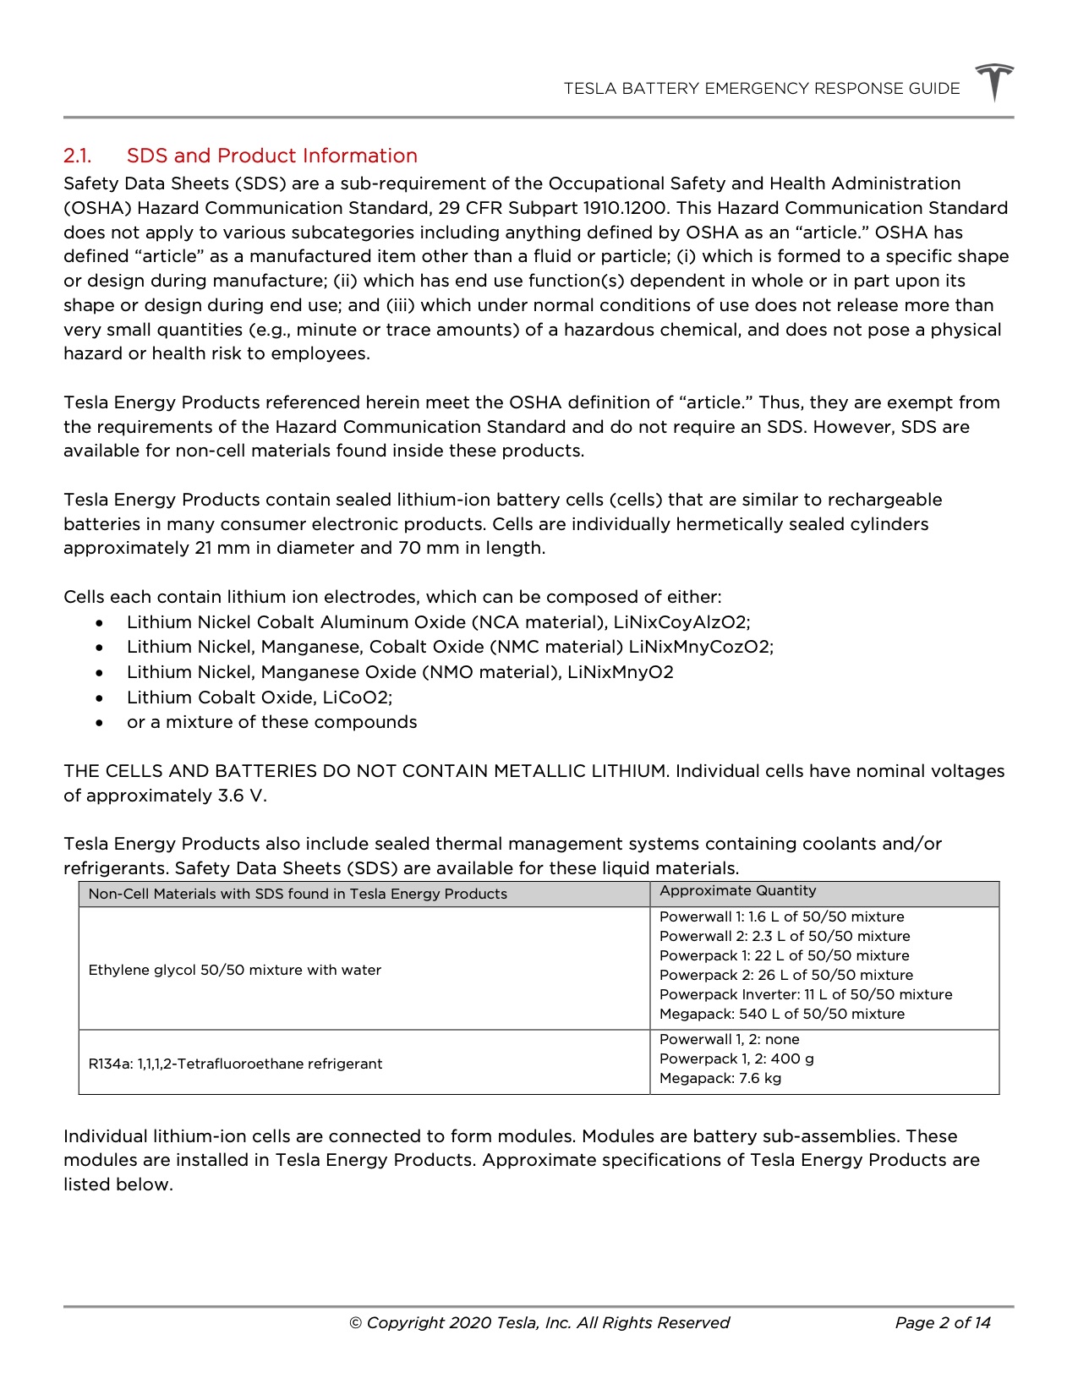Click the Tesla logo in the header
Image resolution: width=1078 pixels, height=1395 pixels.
pos(993,82)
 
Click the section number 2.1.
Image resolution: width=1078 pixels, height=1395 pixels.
pos(77,156)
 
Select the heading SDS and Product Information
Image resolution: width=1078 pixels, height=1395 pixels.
pos(271,156)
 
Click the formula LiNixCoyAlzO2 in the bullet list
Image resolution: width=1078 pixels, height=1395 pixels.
pos(681,622)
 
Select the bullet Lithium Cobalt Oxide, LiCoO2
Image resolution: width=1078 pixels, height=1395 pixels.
pos(259,697)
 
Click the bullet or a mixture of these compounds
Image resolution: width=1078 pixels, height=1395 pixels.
pos(271,722)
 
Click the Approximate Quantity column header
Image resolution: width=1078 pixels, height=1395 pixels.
pos(737,891)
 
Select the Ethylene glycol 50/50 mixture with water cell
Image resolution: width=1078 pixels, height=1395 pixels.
pos(234,970)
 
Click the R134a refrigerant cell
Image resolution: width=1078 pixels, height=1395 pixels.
pos(235,1064)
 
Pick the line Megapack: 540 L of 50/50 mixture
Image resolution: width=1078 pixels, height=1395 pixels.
pos(781,1014)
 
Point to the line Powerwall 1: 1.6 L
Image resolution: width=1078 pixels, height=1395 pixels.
pos(781,916)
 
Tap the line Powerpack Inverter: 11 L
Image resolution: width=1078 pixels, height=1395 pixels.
pos(805,994)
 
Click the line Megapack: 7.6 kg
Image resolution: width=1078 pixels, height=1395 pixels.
pos(720,1078)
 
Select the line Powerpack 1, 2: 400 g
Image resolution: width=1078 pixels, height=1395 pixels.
pos(736,1059)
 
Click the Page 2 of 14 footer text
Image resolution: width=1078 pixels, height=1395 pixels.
pos(942,1323)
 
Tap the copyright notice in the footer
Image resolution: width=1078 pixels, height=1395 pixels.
pos(539,1323)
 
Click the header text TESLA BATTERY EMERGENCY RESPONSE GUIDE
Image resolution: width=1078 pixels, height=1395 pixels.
pos(761,89)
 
